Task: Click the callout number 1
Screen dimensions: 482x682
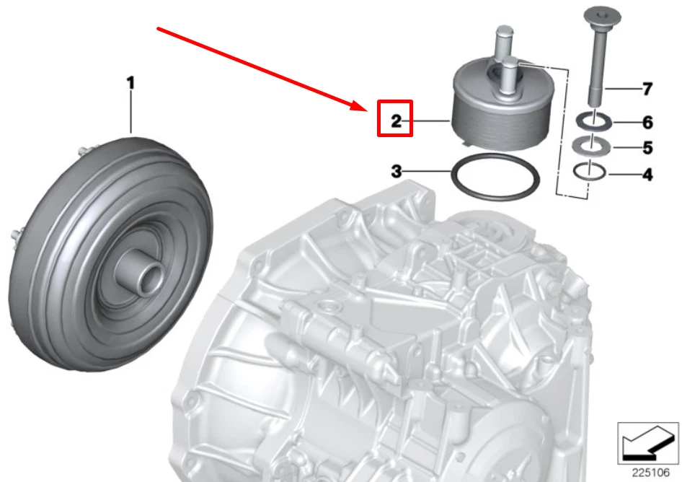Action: click(130, 83)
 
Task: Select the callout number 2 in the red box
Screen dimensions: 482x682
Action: click(396, 120)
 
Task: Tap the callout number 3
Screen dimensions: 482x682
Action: click(396, 172)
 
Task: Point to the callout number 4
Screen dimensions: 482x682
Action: click(647, 174)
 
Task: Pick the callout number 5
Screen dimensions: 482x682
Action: click(647, 148)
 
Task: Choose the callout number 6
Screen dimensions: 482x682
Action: click(647, 122)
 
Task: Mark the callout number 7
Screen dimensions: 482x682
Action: click(647, 89)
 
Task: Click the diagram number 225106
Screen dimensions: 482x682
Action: click(647, 473)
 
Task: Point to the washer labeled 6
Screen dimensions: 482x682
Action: click(593, 120)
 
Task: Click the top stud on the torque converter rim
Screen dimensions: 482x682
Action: click(79, 150)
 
